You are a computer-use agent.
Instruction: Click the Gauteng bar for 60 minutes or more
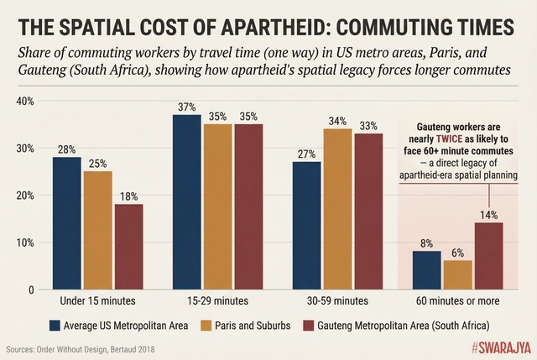pyautogui.click(x=489, y=256)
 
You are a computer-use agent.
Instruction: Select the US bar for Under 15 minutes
pyautogui.click(x=66, y=223)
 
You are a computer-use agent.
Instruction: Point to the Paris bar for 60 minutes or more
pyautogui.click(x=458, y=274)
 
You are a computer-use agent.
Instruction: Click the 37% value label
pyautogui.click(x=186, y=107)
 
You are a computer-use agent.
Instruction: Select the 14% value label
pyautogui.click(x=489, y=215)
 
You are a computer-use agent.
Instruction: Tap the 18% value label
pyautogui.click(x=128, y=196)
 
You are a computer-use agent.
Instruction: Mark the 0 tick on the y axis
pyautogui.click(x=29, y=290)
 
